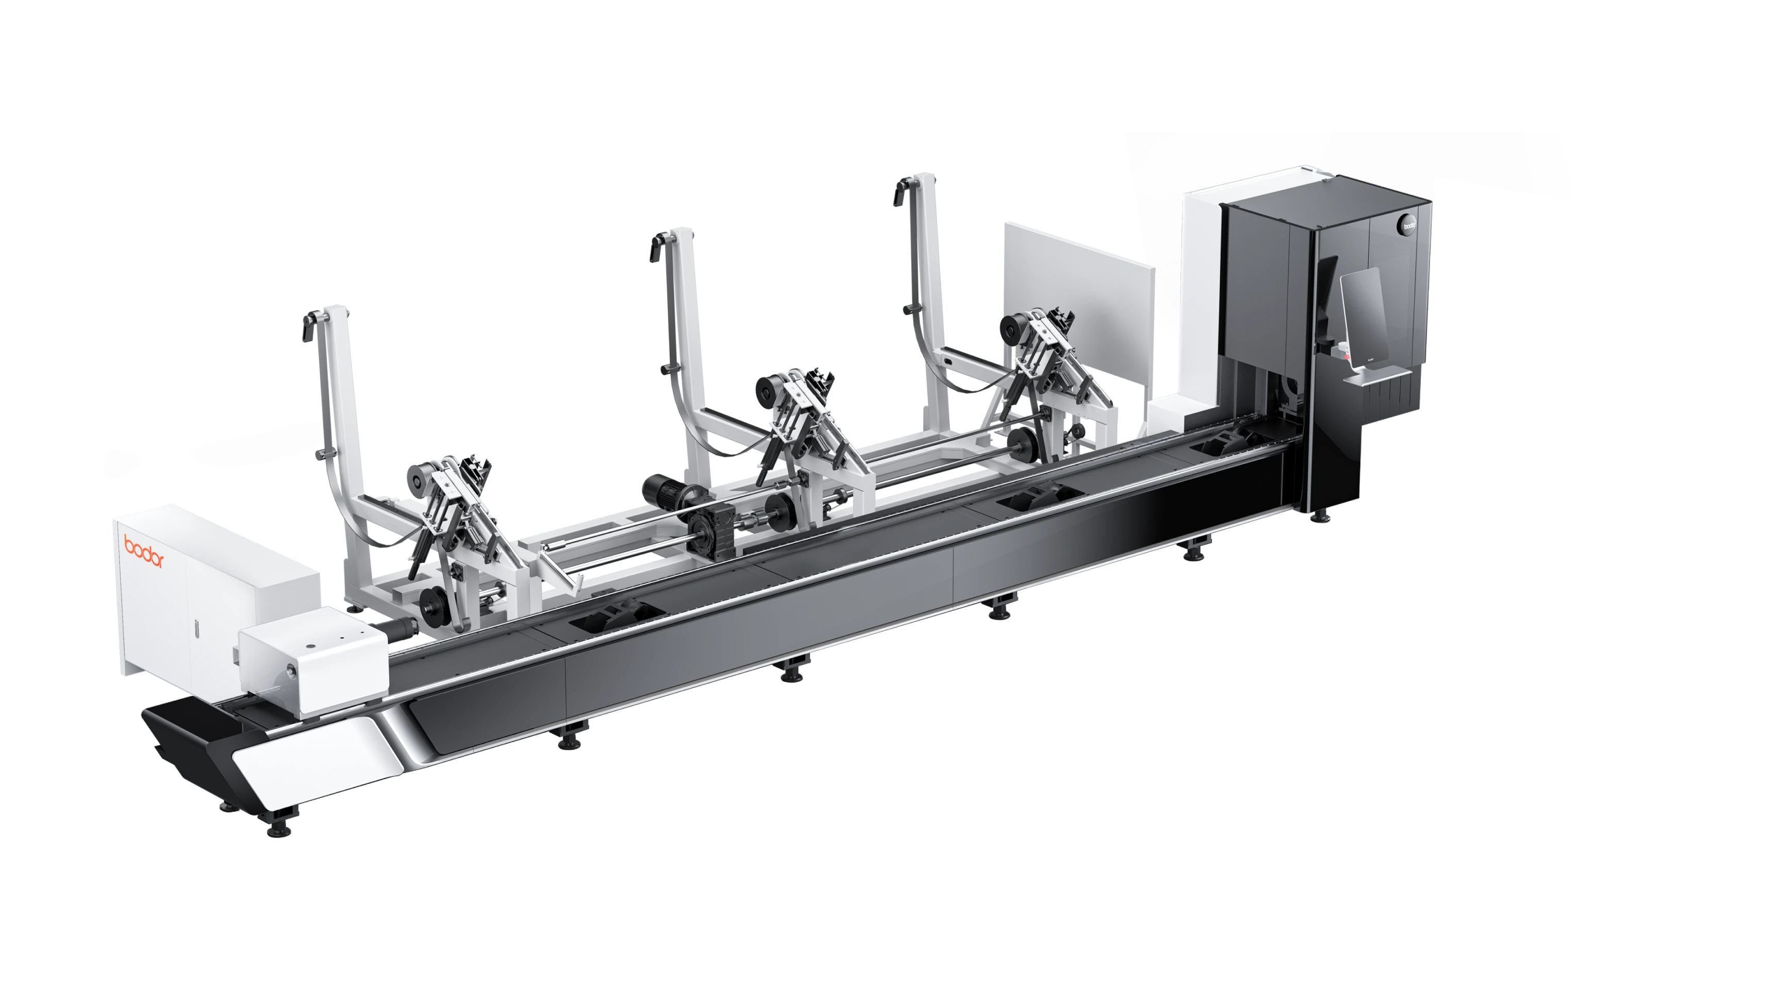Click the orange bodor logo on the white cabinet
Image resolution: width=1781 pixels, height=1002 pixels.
point(144,551)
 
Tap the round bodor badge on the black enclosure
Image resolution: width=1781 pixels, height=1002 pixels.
point(1408,223)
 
